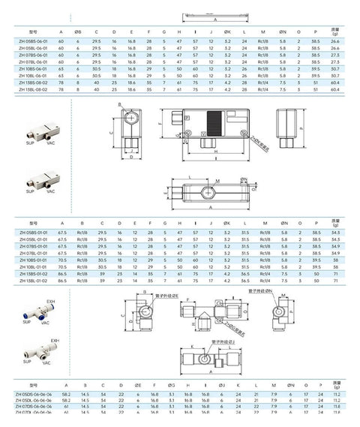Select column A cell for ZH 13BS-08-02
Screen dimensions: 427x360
(61, 82)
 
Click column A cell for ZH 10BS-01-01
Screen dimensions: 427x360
(63, 259)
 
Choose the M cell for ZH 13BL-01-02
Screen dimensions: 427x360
(264, 280)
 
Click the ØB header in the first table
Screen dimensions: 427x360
(79, 32)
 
